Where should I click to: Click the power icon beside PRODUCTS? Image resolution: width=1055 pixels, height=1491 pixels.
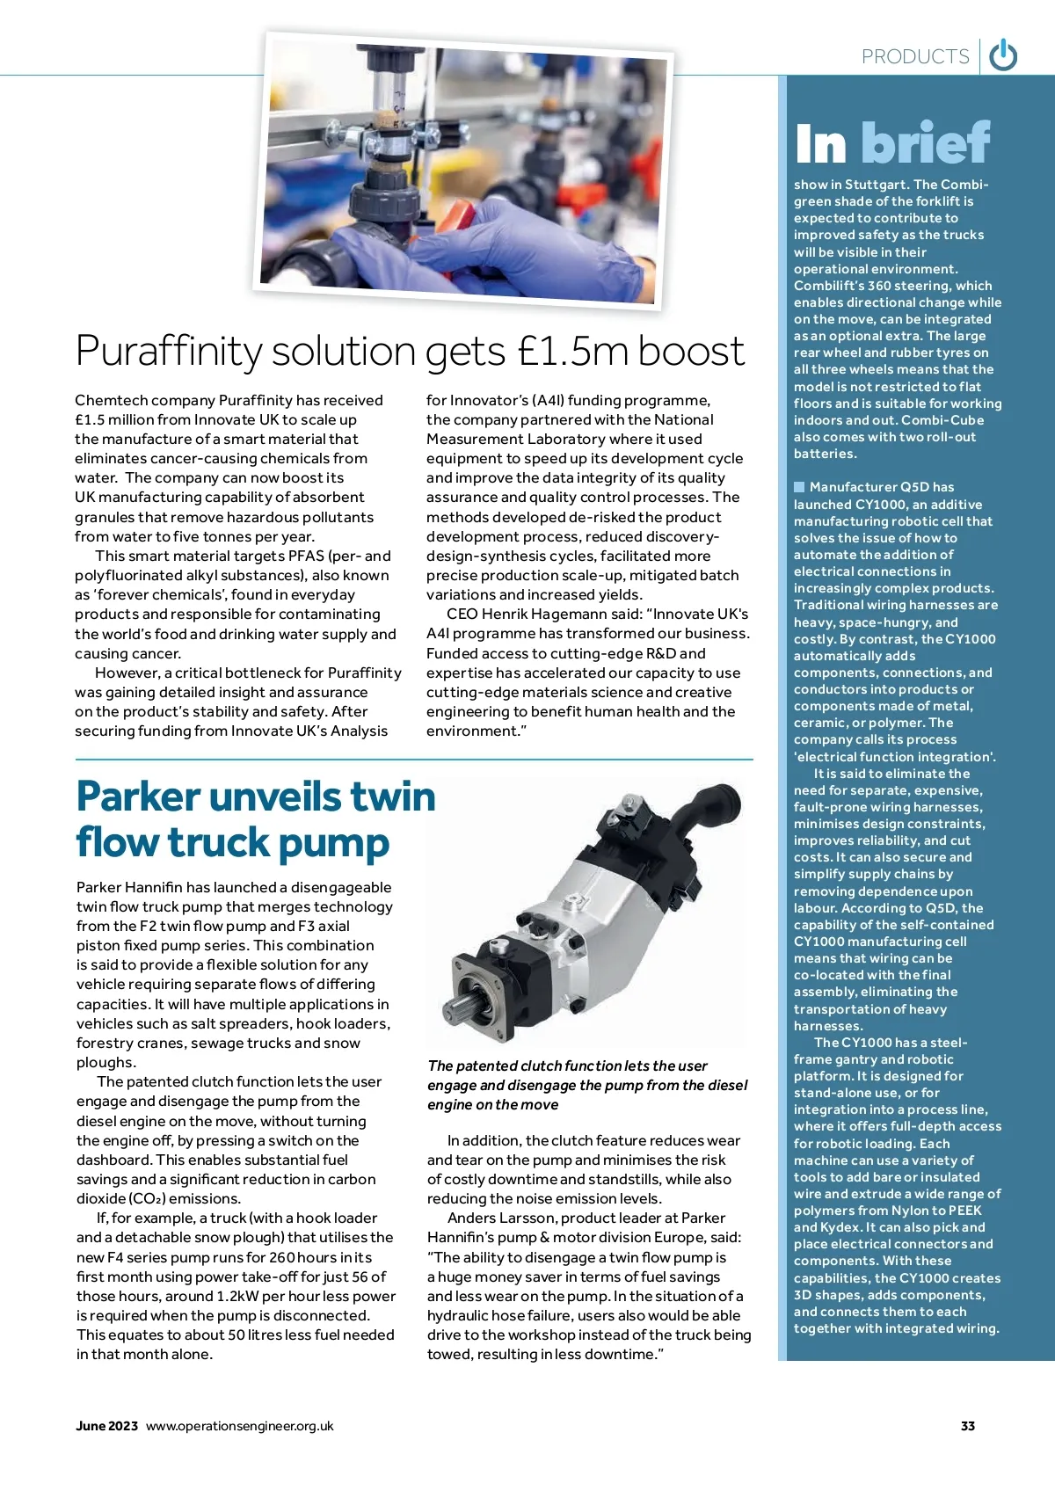pos(1003,56)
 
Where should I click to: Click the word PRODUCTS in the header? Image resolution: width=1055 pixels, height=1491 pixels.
pos(914,57)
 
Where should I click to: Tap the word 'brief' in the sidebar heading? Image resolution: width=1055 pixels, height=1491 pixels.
pos(926,143)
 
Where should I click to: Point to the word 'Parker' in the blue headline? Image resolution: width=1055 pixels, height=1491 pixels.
pos(138,796)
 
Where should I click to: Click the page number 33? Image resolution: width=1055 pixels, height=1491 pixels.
pos(968,1426)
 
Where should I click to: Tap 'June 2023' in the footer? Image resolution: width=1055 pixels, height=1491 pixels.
pos(106,1426)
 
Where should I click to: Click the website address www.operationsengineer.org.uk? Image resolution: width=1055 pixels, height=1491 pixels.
pos(239,1426)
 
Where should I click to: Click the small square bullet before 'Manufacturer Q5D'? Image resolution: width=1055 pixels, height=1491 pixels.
pos(799,487)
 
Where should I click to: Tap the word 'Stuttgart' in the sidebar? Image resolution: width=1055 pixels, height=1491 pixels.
pos(876,185)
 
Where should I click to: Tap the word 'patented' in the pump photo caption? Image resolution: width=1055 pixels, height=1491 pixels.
pos(487,1066)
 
